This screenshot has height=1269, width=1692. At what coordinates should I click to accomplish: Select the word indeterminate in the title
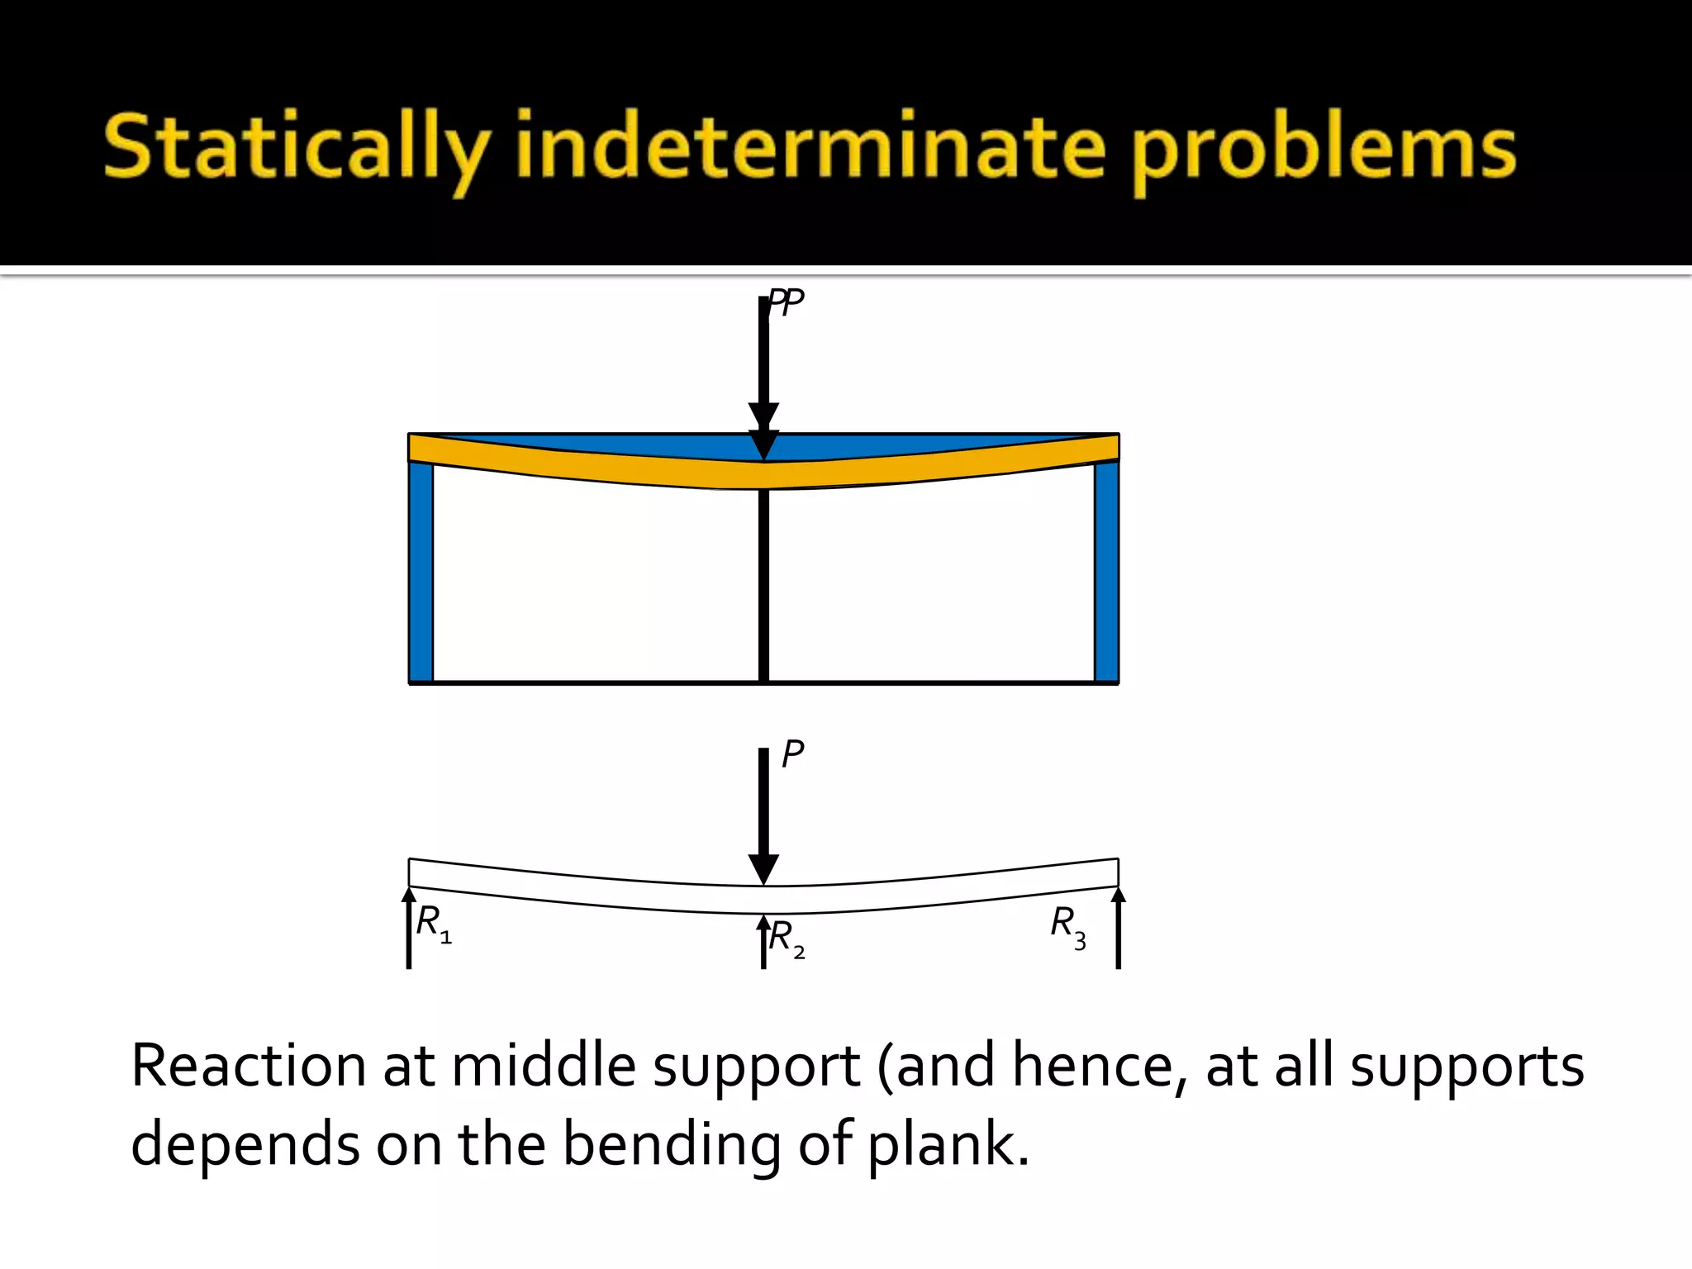pos(810,147)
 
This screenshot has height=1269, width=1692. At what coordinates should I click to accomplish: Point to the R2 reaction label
pos(787,939)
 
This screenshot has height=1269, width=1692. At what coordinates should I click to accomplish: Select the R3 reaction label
pos(1067,925)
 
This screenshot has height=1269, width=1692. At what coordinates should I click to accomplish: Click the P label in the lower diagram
pos(792,754)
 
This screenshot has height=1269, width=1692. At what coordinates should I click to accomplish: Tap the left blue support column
pos(421,570)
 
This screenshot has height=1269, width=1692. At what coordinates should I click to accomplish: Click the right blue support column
pos(1106,570)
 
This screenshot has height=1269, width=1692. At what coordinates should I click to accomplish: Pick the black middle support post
pos(764,587)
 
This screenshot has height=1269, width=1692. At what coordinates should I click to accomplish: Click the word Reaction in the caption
pos(248,1067)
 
